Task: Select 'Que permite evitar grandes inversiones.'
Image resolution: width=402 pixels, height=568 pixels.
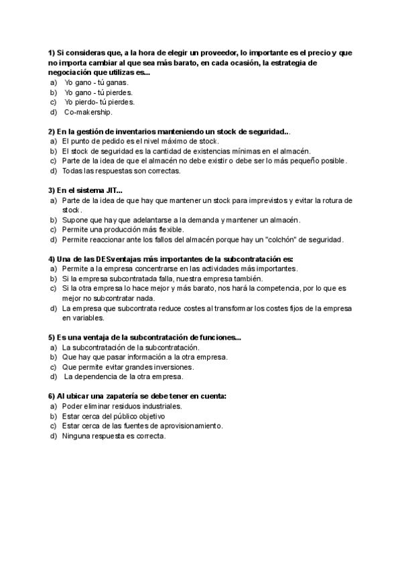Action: [x=128, y=367]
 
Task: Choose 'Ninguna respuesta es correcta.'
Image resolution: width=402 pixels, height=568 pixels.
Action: [x=113, y=436]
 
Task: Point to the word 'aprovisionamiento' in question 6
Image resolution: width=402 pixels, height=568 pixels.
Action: [x=190, y=426]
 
